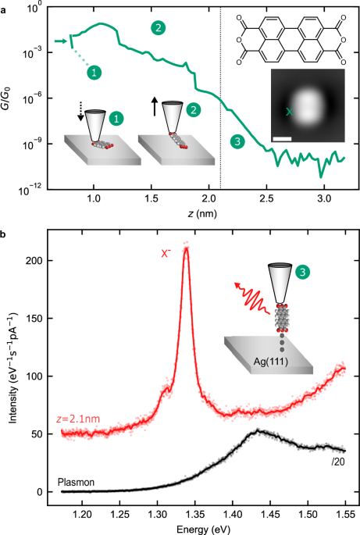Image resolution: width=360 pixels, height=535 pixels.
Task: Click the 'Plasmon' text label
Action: (76, 483)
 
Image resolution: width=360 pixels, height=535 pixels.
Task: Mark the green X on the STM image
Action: (290, 112)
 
